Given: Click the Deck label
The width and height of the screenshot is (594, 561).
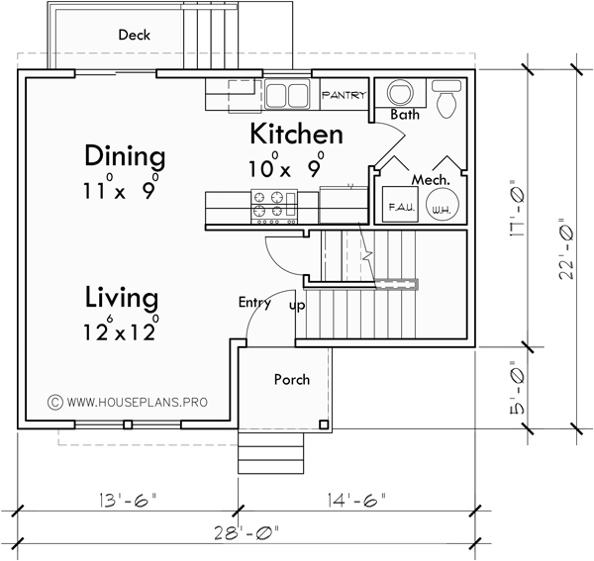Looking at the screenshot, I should tap(134, 35).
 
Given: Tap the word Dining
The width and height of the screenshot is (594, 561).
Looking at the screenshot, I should tap(124, 156).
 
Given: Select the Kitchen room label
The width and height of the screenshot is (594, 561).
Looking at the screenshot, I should tap(296, 135).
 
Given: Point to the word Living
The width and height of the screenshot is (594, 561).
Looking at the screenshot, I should tap(121, 297).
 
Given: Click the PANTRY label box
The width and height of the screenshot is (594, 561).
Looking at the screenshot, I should tap(344, 96).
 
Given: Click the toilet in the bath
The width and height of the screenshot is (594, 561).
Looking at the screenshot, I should tap(445, 97).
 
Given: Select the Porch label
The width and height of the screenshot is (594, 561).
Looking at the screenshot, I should tap(291, 379).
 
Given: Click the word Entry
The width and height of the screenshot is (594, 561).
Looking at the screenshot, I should tap(254, 303).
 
